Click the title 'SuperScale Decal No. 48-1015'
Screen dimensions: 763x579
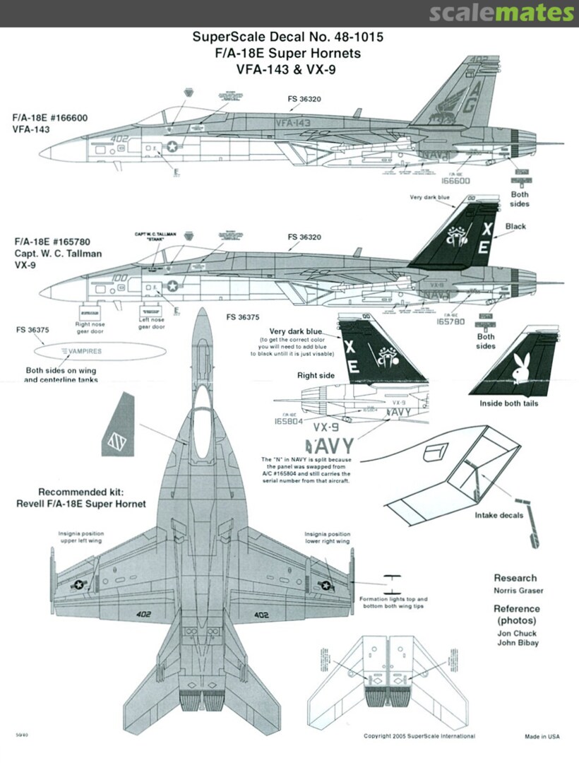point(288,37)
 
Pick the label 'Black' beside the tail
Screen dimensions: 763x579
point(515,227)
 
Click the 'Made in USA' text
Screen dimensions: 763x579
point(542,736)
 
